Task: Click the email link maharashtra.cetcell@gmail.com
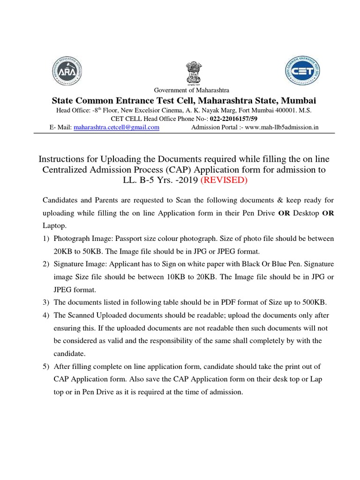116,127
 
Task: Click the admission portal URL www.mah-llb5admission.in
278,127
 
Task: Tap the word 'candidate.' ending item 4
71,353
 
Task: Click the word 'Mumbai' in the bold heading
299,100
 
